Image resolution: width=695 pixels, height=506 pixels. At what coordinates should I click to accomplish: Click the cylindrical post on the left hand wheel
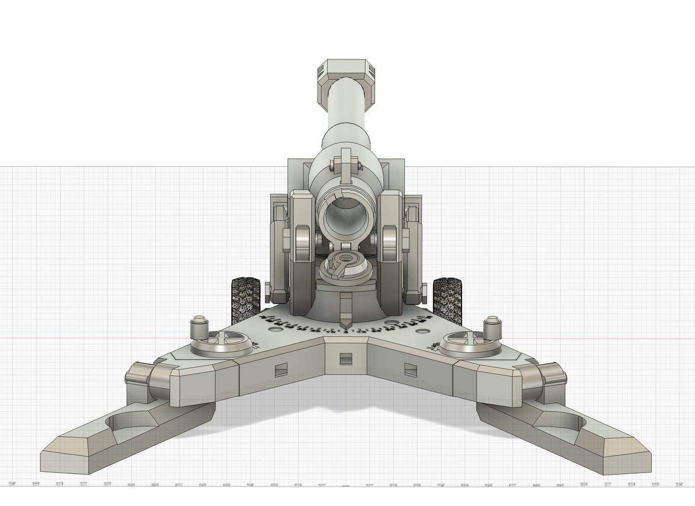coord(199,329)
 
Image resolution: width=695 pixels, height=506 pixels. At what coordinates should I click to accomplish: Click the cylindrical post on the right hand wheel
coord(492,329)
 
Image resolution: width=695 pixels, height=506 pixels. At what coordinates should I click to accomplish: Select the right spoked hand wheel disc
coord(469,343)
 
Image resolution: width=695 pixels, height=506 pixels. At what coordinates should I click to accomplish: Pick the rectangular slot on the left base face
coord(280,370)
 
